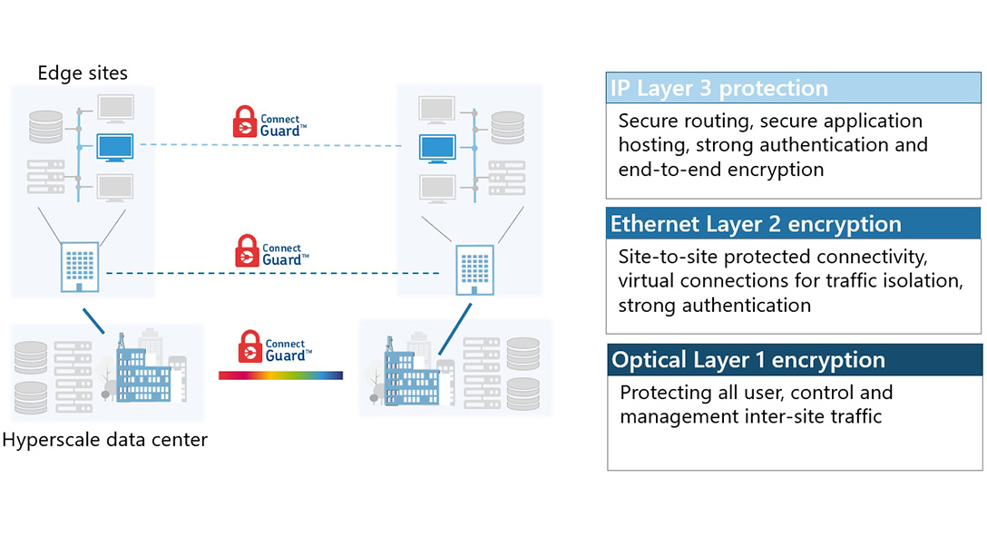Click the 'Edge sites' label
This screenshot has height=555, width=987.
[83, 73]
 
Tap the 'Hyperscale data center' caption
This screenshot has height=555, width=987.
[104, 441]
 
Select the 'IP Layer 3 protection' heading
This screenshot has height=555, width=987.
[718, 89]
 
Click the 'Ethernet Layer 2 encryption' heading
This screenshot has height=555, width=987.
[756, 224]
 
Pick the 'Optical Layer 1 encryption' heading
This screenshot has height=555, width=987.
[748, 360]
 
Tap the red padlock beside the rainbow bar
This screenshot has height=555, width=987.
[250, 347]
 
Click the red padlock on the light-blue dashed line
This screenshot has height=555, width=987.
[245, 122]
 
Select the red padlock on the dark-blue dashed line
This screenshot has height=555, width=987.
[247, 251]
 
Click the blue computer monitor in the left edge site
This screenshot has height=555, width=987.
[115, 147]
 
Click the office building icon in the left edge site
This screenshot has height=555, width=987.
[79, 267]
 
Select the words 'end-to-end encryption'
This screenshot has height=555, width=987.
[721, 170]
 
